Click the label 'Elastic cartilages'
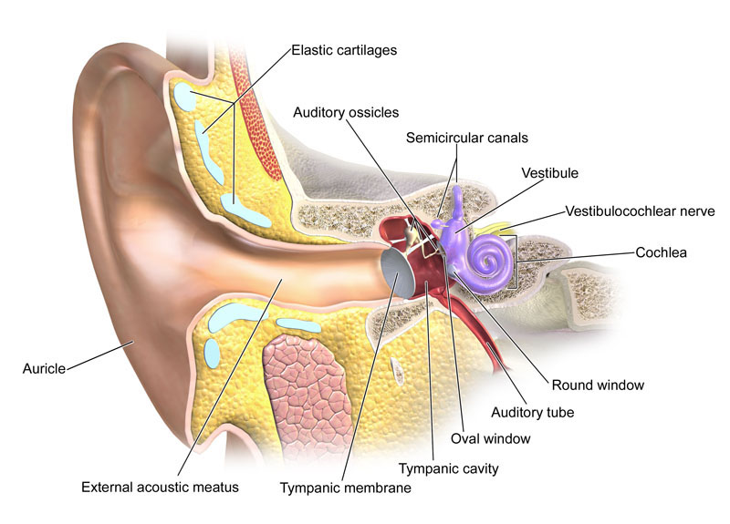point(344,50)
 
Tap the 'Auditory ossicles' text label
point(346,112)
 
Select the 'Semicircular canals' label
point(467,138)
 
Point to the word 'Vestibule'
point(550,173)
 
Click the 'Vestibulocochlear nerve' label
point(641,211)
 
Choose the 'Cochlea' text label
point(661,252)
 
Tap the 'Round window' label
point(598,385)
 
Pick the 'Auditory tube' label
point(533,413)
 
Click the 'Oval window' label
point(491,438)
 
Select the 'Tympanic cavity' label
point(448,468)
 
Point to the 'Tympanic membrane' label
point(346,488)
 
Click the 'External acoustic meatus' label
point(161,487)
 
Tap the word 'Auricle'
point(44,369)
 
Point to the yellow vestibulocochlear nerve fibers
point(497,228)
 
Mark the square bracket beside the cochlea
point(511,262)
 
